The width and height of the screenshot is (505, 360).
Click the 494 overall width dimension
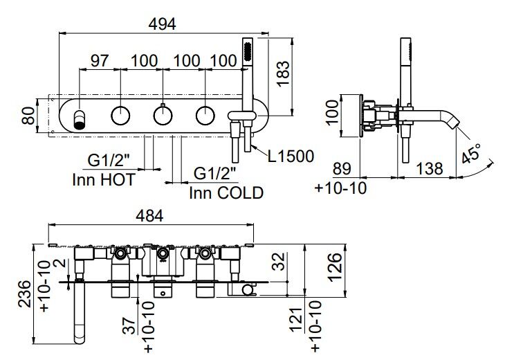pyautogui.click(x=163, y=24)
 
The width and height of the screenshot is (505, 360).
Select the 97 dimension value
pyautogui.click(x=100, y=61)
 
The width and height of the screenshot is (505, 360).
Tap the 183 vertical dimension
pyautogui.click(x=284, y=73)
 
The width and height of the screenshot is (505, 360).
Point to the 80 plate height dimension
pyautogui.click(x=28, y=116)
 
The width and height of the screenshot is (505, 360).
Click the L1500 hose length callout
pyautogui.click(x=291, y=156)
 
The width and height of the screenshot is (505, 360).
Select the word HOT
pyautogui.click(x=117, y=179)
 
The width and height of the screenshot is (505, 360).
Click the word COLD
pyautogui.click(x=240, y=193)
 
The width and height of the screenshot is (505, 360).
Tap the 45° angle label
pyautogui.click(x=470, y=154)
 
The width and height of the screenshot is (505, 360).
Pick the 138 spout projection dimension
pyautogui.click(x=430, y=168)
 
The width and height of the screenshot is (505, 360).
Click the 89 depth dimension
pyautogui.click(x=342, y=168)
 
